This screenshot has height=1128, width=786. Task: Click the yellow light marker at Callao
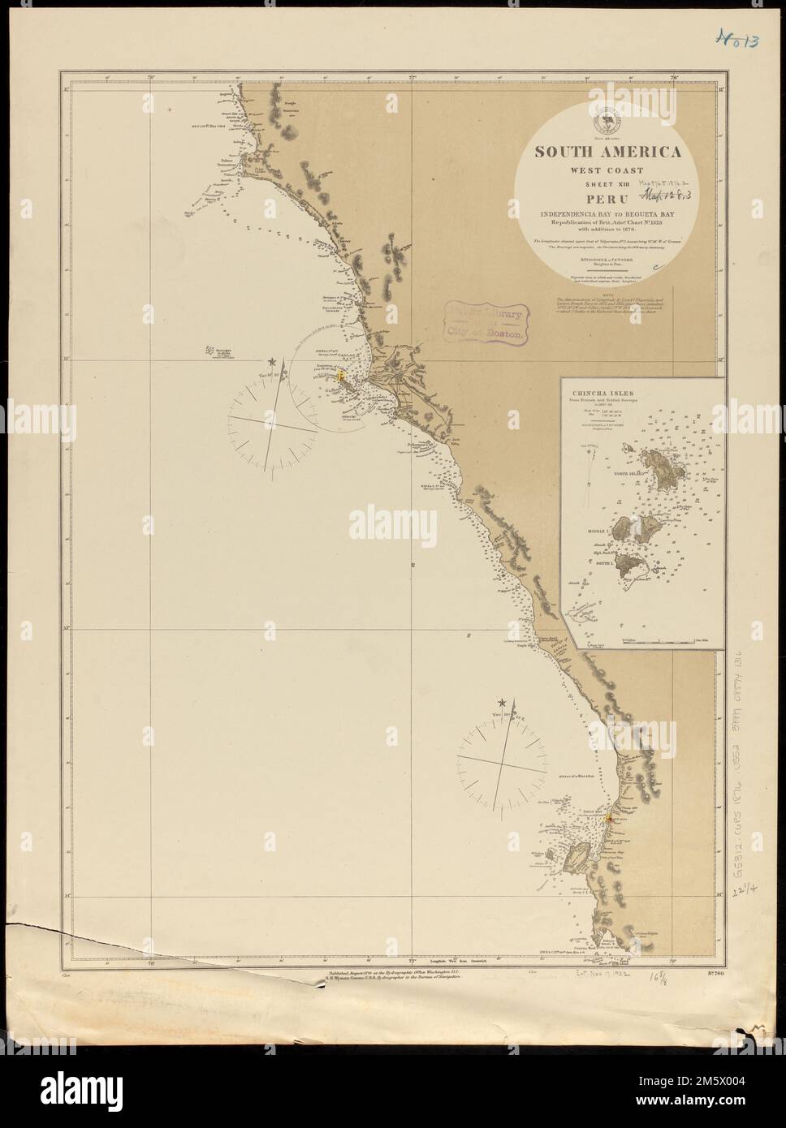point(342,377)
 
